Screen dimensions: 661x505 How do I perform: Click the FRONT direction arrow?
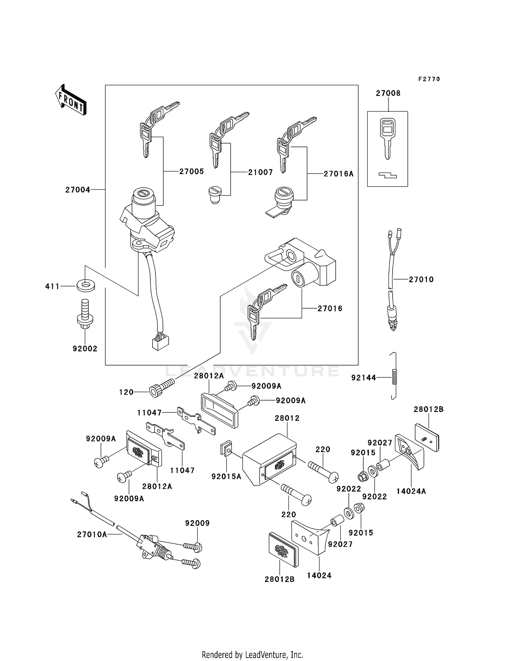point(71,101)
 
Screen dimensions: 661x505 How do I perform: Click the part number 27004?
point(78,190)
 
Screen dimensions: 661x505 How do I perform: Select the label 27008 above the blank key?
point(388,93)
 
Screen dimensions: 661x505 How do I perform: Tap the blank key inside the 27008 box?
point(388,138)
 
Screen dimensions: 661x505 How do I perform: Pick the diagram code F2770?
point(429,79)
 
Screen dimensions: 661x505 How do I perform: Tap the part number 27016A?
point(339,174)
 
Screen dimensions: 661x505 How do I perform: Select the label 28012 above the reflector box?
point(287,418)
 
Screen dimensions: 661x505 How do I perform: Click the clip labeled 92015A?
point(225,449)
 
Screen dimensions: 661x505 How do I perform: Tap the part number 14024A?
point(411,491)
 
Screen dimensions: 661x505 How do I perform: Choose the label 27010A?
point(92,534)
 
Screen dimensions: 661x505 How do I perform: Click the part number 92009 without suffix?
point(197,523)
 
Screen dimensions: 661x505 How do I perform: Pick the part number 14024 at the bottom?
point(319,575)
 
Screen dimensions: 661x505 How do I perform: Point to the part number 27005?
point(191,171)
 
